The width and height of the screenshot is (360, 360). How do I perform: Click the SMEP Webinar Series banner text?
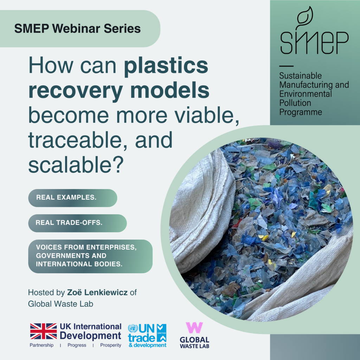[x=77, y=29]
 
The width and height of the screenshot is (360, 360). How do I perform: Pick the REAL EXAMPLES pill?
[x=72, y=198]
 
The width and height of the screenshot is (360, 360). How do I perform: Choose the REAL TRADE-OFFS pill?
[x=77, y=223]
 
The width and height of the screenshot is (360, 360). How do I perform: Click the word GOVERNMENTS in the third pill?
[x=71, y=256]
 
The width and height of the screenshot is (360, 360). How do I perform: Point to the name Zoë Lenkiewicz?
[x=97, y=292]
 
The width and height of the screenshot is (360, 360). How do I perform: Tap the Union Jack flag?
[x=43, y=331]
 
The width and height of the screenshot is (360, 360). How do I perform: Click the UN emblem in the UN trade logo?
[x=133, y=328]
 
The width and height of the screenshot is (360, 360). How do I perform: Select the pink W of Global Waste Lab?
[x=194, y=328]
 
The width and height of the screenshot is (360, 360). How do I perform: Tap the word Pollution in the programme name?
[x=295, y=103]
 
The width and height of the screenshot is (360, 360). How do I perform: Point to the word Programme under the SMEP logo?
[x=301, y=112]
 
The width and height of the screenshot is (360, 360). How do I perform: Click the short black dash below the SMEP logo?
[x=286, y=66]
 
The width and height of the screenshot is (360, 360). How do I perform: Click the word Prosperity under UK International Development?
[x=111, y=345]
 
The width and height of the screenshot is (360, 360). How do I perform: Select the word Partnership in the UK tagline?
[x=41, y=345]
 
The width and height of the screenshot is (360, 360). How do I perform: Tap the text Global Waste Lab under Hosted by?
[x=60, y=304]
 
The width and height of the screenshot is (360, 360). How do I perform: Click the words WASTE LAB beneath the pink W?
[x=194, y=346]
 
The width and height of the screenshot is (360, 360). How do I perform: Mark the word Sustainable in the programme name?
[x=301, y=76]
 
